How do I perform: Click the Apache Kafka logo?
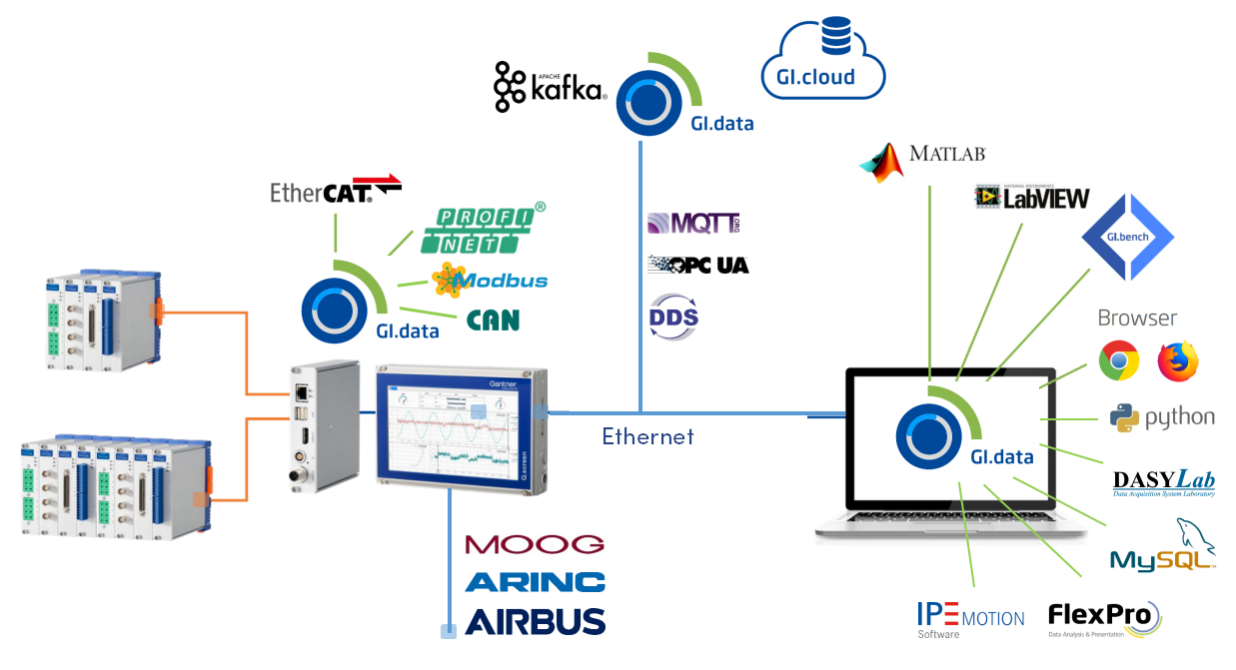(551, 87)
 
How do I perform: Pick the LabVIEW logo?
(1031, 197)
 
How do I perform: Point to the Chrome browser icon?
(1119, 360)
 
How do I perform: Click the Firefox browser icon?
(1178, 360)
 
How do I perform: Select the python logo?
(1162, 417)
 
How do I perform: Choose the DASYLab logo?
(1164, 481)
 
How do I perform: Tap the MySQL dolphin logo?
(1163, 547)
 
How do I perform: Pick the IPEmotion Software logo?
(970, 620)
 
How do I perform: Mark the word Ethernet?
(647, 436)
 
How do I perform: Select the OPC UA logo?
(697, 265)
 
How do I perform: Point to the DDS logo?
(674, 314)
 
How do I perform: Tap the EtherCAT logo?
(336, 190)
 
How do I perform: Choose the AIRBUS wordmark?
(535, 621)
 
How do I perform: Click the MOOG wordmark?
(535, 544)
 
